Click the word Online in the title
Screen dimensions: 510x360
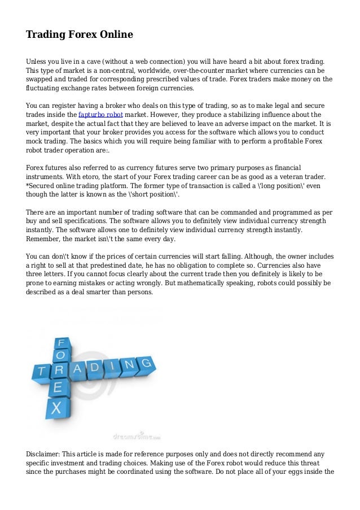116,35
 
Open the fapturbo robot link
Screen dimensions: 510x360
101,115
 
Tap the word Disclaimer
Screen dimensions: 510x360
42,453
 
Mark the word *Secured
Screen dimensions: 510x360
41,185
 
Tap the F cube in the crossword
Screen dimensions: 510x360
60,342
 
